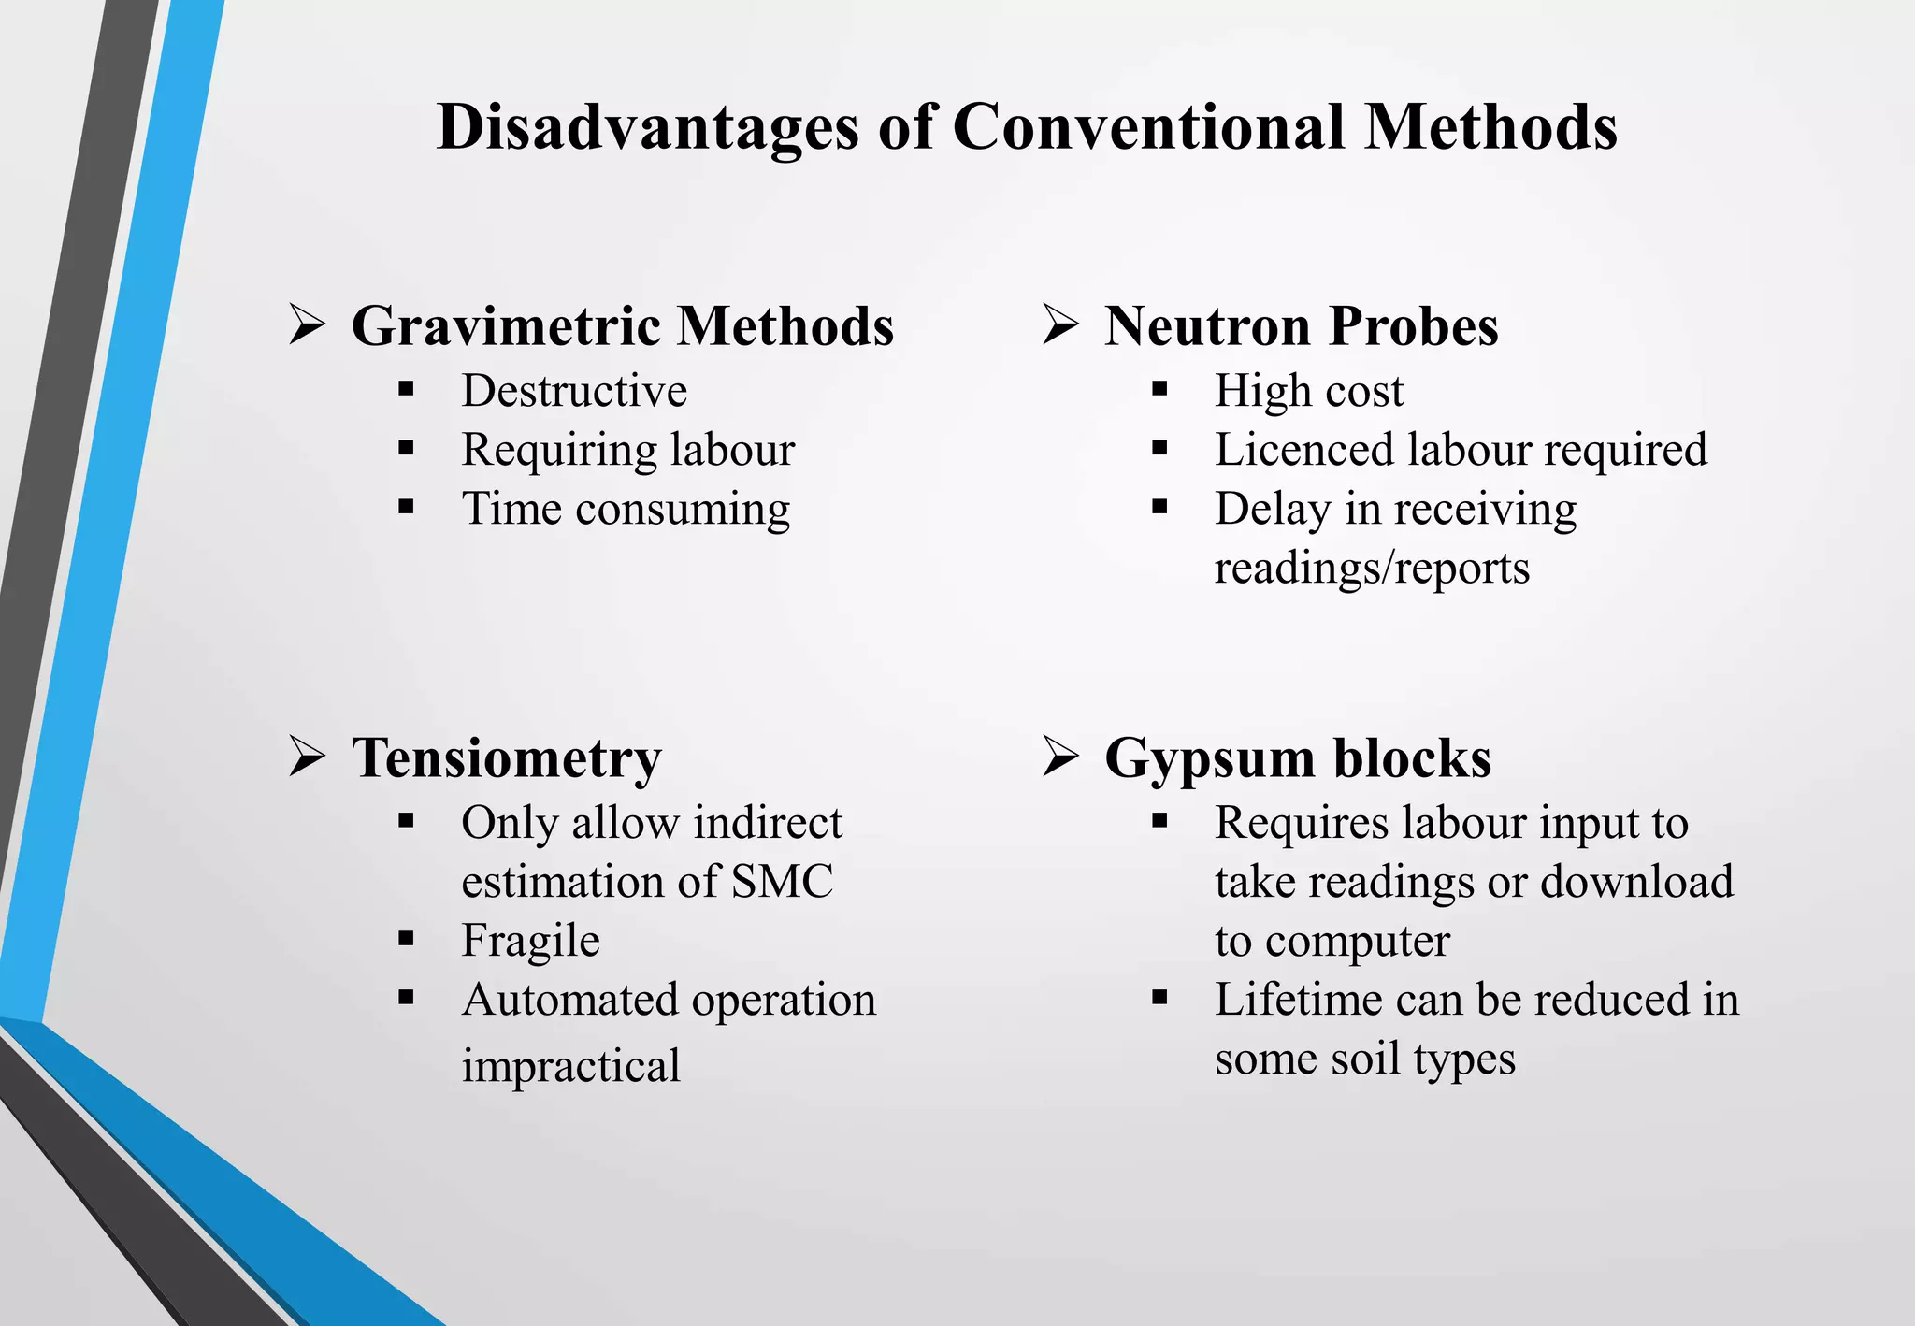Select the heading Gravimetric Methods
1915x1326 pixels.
(x=622, y=326)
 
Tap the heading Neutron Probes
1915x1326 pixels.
(x=1301, y=326)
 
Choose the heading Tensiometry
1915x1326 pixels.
(x=506, y=757)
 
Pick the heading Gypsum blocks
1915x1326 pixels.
(x=1297, y=757)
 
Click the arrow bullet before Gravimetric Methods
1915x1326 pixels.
(x=307, y=325)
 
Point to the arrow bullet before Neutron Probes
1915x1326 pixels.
(x=1060, y=325)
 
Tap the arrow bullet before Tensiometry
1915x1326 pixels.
(x=307, y=756)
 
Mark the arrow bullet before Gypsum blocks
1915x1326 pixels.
(x=1060, y=756)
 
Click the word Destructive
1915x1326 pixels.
(x=574, y=391)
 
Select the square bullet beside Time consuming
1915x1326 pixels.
(x=406, y=508)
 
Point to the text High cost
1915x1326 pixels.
(x=1309, y=391)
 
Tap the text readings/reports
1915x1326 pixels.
(x=1372, y=569)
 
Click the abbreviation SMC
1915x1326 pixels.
(x=782, y=882)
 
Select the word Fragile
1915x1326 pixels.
(x=530, y=941)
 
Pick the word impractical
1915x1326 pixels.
(x=570, y=1066)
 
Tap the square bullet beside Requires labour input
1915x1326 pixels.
(x=1159, y=822)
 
